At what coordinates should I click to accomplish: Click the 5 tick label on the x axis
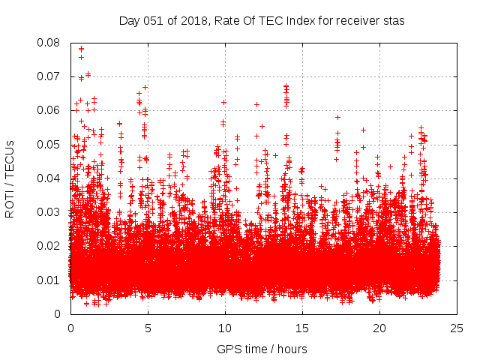click(148, 328)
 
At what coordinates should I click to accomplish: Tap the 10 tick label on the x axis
click(225, 328)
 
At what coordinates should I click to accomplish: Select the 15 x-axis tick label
click(302, 328)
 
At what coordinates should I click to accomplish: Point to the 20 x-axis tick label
click(379, 328)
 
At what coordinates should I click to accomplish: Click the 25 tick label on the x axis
click(457, 328)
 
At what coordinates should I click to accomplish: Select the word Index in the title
click(295, 21)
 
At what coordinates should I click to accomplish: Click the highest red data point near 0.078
click(81, 49)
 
